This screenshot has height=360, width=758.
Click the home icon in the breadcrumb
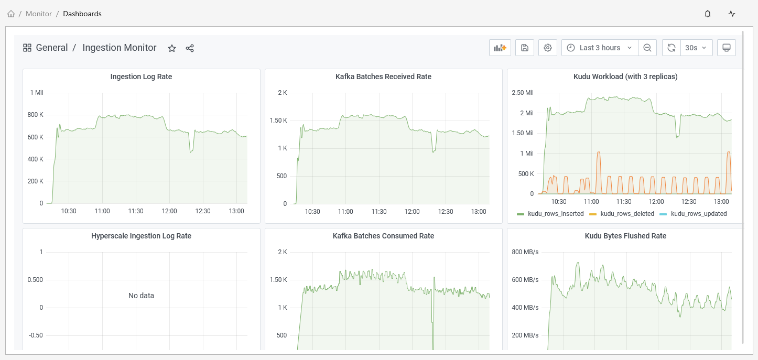pyautogui.click(x=11, y=14)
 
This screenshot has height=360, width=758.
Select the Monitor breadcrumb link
pyautogui.click(x=39, y=14)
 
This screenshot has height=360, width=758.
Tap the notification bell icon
pyautogui.click(x=708, y=14)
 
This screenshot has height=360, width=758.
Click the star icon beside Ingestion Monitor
pyautogui.click(x=172, y=48)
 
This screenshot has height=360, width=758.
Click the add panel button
pyautogui.click(x=500, y=48)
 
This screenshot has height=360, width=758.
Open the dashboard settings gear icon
pyautogui.click(x=548, y=48)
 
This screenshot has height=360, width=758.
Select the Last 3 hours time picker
pyautogui.click(x=600, y=48)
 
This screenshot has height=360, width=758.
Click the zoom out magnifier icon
pyautogui.click(x=647, y=48)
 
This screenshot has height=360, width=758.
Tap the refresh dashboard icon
pyautogui.click(x=672, y=48)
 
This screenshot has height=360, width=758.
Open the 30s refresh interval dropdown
pyautogui.click(x=696, y=48)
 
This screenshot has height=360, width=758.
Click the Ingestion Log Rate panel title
pyautogui.click(x=141, y=77)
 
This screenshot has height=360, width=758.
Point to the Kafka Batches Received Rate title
pyautogui.click(x=383, y=77)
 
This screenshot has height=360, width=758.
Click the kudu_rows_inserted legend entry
pyautogui.click(x=550, y=214)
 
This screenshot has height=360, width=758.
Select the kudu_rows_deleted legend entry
pyautogui.click(x=623, y=214)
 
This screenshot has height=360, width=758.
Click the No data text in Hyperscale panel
pyautogui.click(x=141, y=296)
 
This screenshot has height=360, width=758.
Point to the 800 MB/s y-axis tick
pyautogui.click(x=525, y=252)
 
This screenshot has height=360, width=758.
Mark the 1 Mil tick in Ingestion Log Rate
pyautogui.click(x=37, y=93)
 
